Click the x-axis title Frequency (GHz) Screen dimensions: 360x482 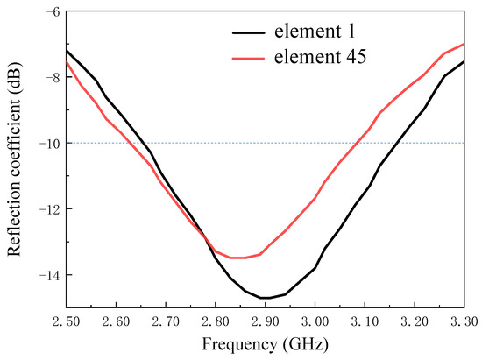pyautogui.click(x=265, y=343)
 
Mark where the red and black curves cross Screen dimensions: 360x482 pyautogui.click(x=206, y=237)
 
